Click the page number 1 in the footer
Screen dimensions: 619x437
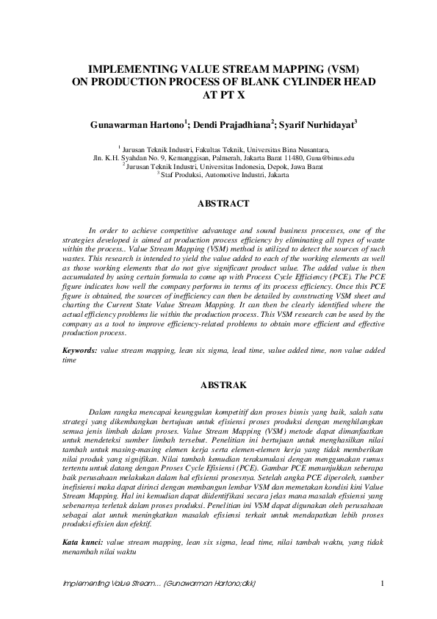coord(383,584)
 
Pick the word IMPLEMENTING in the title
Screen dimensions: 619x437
coord(125,68)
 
